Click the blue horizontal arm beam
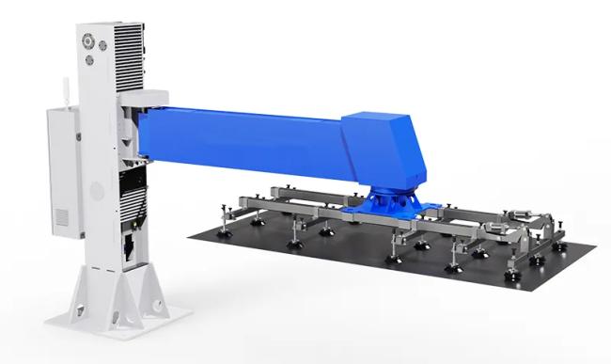point(244,141)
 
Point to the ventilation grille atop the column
point(126,52)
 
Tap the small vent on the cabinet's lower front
point(61,217)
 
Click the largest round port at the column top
point(87,41)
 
